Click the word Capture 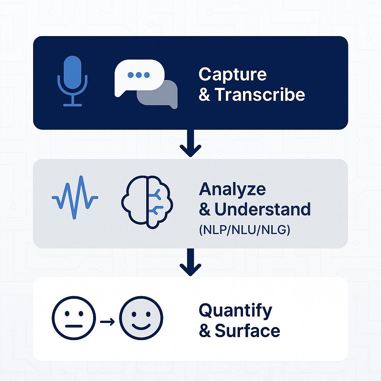pyautogui.click(x=233, y=74)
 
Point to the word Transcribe pyautogui.click(x=260, y=95)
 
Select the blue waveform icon pyautogui.click(x=75, y=197)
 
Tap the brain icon pyautogui.click(x=147, y=203)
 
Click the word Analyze pyautogui.click(x=233, y=190)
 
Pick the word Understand pyautogui.click(x=262, y=209)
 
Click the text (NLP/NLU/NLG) pyautogui.click(x=244, y=230)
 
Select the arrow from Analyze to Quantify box pyautogui.click(x=190, y=263)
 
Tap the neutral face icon pyautogui.click(x=74, y=318)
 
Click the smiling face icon pyautogui.click(x=141, y=318)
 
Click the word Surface pyautogui.click(x=247, y=331)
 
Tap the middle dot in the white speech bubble pyautogui.click(x=138, y=75)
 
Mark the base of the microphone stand pyautogui.click(x=72, y=105)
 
